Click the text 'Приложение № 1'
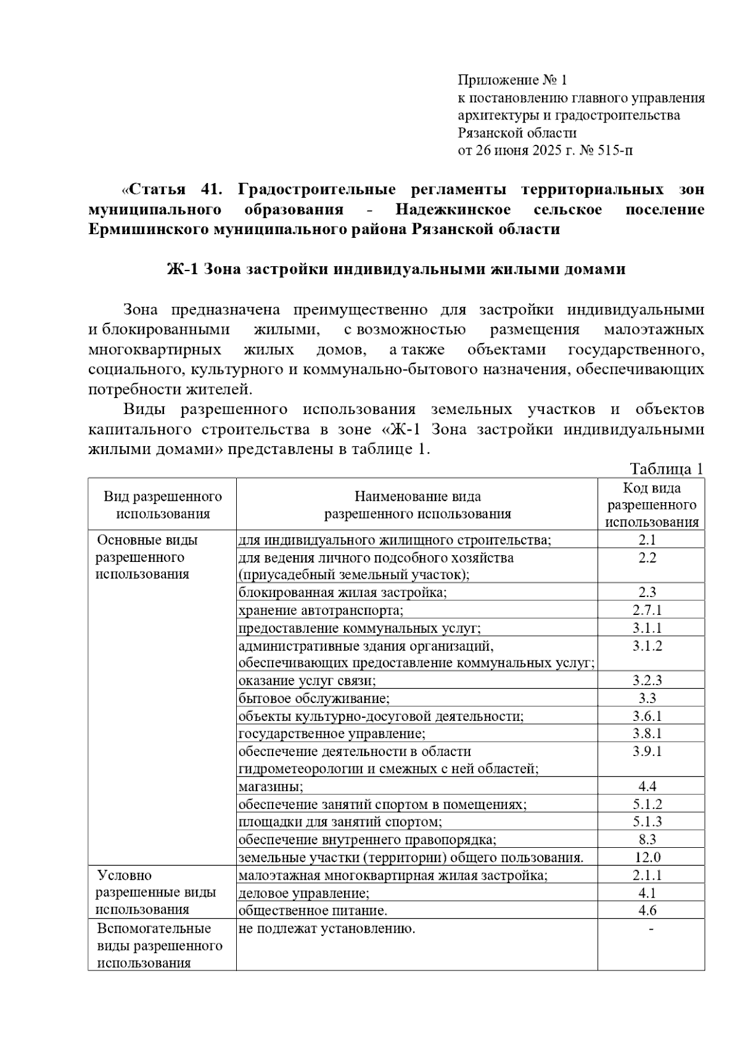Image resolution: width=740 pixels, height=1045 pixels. click(x=511, y=80)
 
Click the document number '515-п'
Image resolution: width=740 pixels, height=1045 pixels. click(x=615, y=150)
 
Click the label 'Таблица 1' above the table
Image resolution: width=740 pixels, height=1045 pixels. click(x=666, y=469)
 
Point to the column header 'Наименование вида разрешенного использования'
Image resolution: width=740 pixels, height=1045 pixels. click(x=417, y=505)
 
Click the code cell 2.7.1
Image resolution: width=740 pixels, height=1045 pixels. click(x=646, y=610)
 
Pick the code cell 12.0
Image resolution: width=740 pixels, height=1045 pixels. click(x=647, y=857)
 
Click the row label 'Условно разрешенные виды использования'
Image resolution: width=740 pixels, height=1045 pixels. click(x=155, y=892)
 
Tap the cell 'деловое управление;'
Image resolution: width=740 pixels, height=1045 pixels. click(x=304, y=893)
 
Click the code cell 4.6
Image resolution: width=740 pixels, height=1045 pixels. click(x=647, y=910)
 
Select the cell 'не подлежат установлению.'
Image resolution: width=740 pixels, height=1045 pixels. click(x=326, y=929)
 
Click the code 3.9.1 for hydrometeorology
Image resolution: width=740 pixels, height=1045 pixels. click(x=647, y=751)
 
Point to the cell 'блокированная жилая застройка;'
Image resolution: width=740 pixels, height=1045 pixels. click(x=342, y=593)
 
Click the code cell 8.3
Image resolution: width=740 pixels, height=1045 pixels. click(x=647, y=839)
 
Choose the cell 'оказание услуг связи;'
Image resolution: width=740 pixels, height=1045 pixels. click(x=307, y=681)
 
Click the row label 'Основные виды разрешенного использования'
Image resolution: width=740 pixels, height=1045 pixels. click(x=147, y=557)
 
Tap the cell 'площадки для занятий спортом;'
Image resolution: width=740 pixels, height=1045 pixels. click(x=340, y=822)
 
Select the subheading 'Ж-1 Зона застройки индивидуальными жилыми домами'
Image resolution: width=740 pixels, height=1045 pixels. click(x=396, y=269)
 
